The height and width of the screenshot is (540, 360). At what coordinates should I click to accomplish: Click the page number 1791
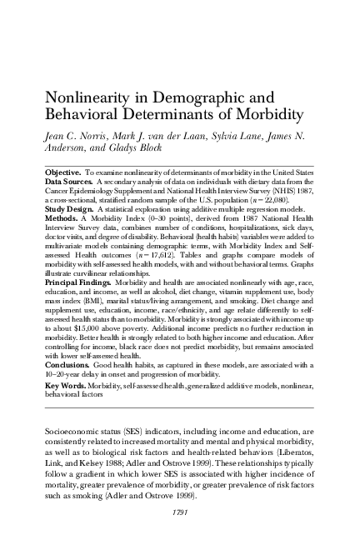click(x=179, y=508)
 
